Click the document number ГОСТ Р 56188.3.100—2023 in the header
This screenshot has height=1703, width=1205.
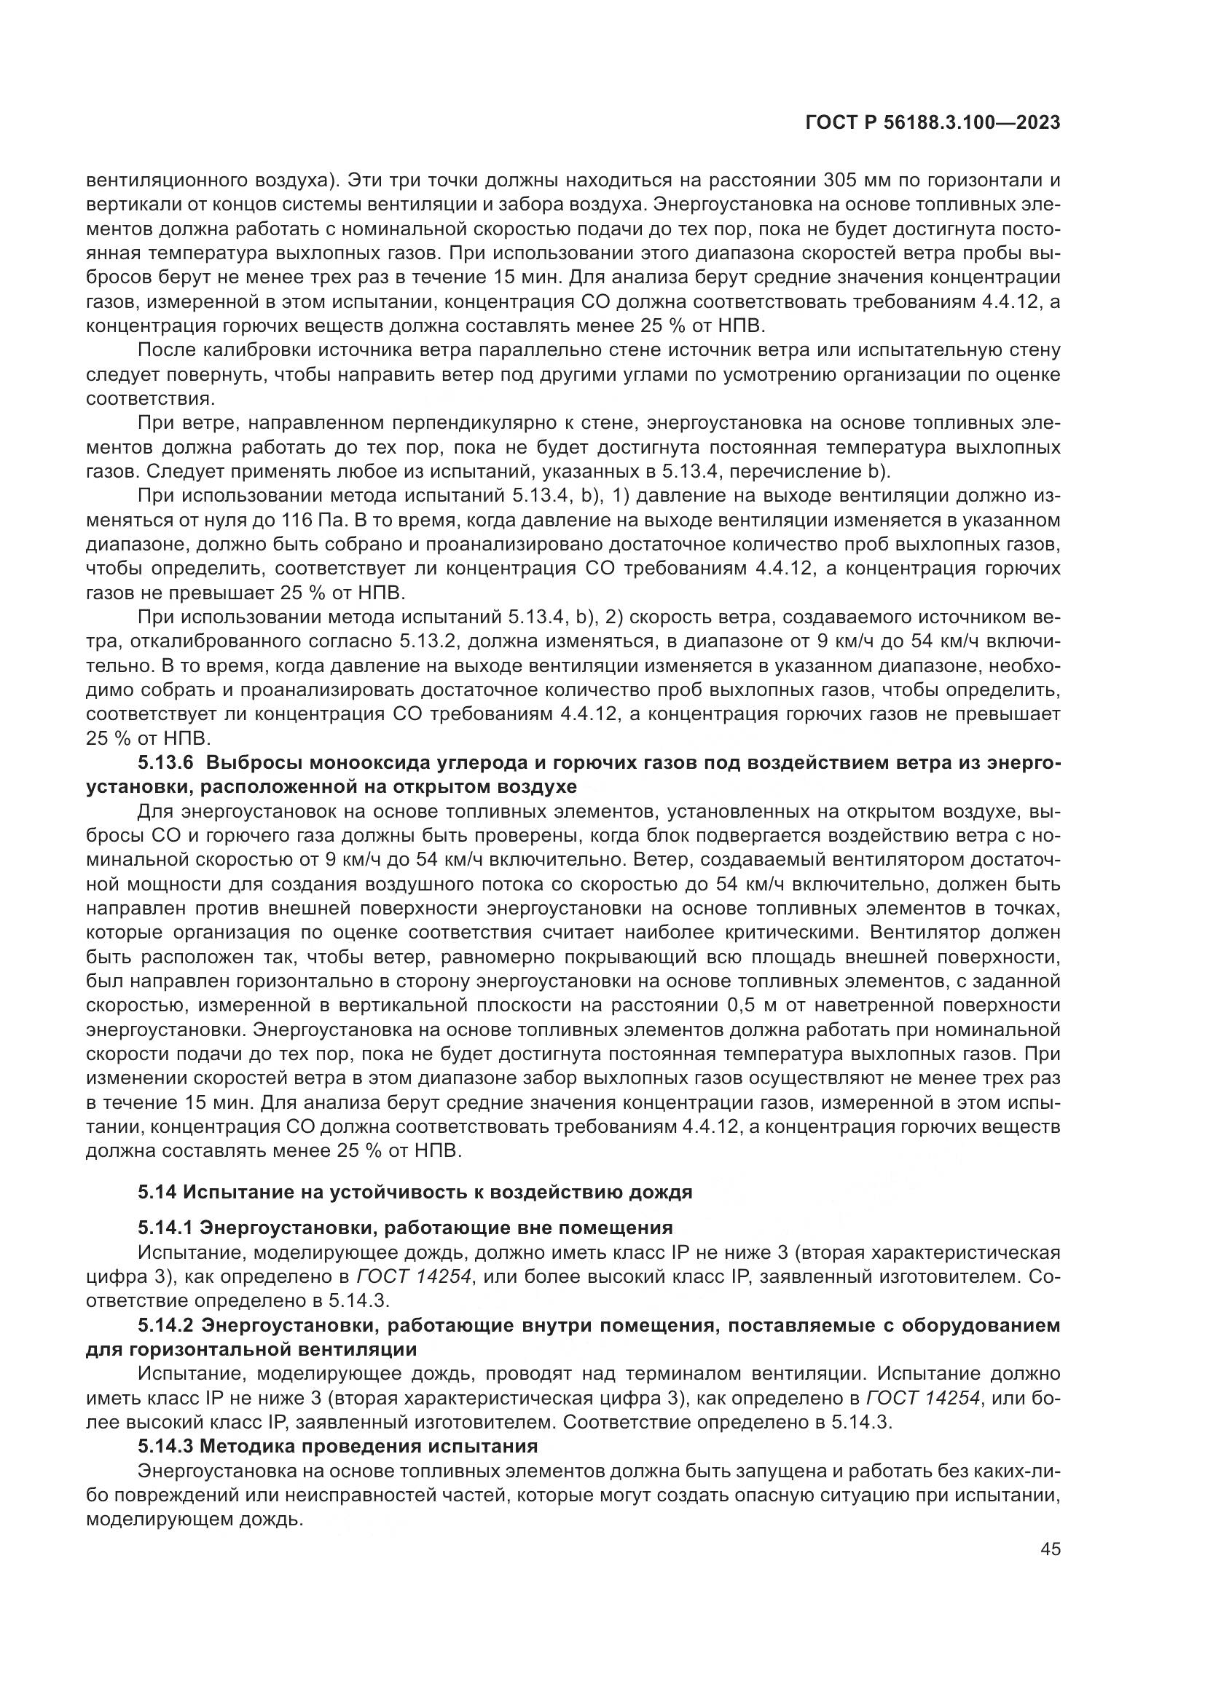(x=932, y=123)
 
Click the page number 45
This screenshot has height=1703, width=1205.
(x=1050, y=1549)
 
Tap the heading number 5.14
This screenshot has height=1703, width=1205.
(x=155, y=1193)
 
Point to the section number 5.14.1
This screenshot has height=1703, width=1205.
(x=164, y=1228)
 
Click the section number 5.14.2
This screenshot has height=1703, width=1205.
(x=164, y=1324)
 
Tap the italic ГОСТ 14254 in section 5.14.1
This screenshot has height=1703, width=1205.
(x=413, y=1276)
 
